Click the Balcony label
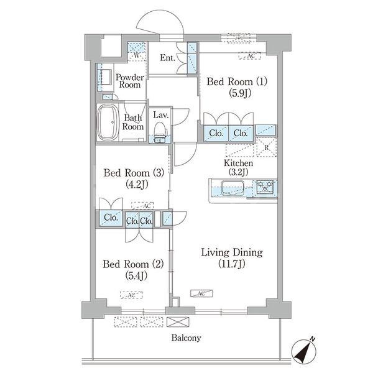(x=186, y=338)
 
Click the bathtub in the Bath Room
(x=108, y=122)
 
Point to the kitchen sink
(x=233, y=188)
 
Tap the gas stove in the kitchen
(x=265, y=186)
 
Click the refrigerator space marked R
(x=267, y=147)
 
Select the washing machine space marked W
(x=137, y=52)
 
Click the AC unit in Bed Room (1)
(x=250, y=56)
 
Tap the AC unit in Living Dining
(x=201, y=293)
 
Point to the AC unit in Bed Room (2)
(x=131, y=295)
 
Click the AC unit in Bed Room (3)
(x=142, y=206)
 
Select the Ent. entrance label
(x=167, y=58)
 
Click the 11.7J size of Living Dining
(x=232, y=264)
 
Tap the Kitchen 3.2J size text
(x=238, y=172)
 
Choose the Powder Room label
(x=130, y=81)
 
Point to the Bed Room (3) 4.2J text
(x=137, y=184)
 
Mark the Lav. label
(x=161, y=115)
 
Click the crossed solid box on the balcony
(x=178, y=322)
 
